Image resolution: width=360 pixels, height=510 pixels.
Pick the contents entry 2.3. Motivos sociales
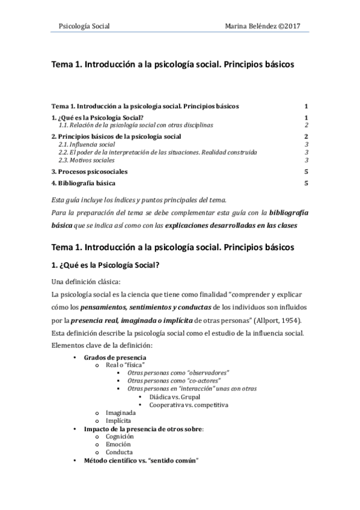pyautogui.click(x=87, y=160)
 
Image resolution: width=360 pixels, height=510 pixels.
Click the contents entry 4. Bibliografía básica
pyautogui.click(x=84, y=183)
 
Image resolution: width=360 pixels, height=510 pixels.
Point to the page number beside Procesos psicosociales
pyautogui.click(x=306, y=171)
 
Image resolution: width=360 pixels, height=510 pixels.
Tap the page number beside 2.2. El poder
pyautogui.click(x=307, y=152)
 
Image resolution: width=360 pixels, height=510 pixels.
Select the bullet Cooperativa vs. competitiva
pyautogui.click(x=189, y=405)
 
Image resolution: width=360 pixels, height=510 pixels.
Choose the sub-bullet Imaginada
pyautogui.click(x=121, y=413)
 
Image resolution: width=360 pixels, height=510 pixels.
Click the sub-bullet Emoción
pyautogui.click(x=119, y=444)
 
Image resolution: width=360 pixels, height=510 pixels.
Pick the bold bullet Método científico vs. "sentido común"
pyautogui.click(x=141, y=460)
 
